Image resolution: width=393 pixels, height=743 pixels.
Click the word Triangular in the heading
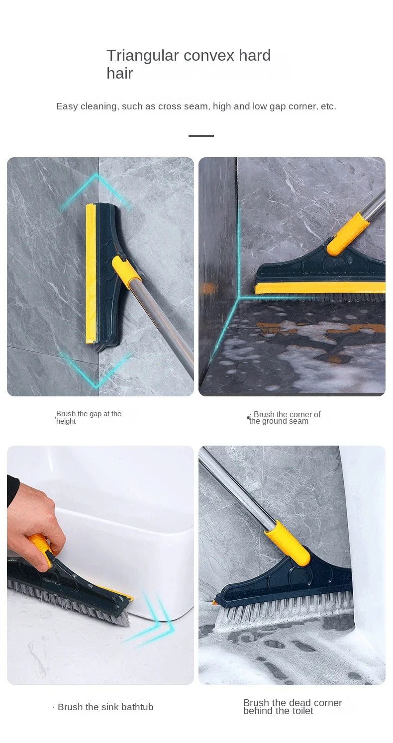(x=142, y=56)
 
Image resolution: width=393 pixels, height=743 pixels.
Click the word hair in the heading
(x=119, y=73)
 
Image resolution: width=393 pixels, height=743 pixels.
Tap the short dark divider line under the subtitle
(x=201, y=136)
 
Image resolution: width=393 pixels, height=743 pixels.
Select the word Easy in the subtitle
(x=67, y=106)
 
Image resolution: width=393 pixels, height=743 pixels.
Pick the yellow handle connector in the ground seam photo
(x=348, y=234)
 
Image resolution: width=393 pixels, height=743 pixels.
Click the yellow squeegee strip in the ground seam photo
(x=320, y=288)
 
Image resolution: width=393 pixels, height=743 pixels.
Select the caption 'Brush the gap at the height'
(x=89, y=417)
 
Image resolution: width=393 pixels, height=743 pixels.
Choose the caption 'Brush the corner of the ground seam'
(x=284, y=418)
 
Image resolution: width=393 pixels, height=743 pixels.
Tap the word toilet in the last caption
(x=301, y=711)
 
